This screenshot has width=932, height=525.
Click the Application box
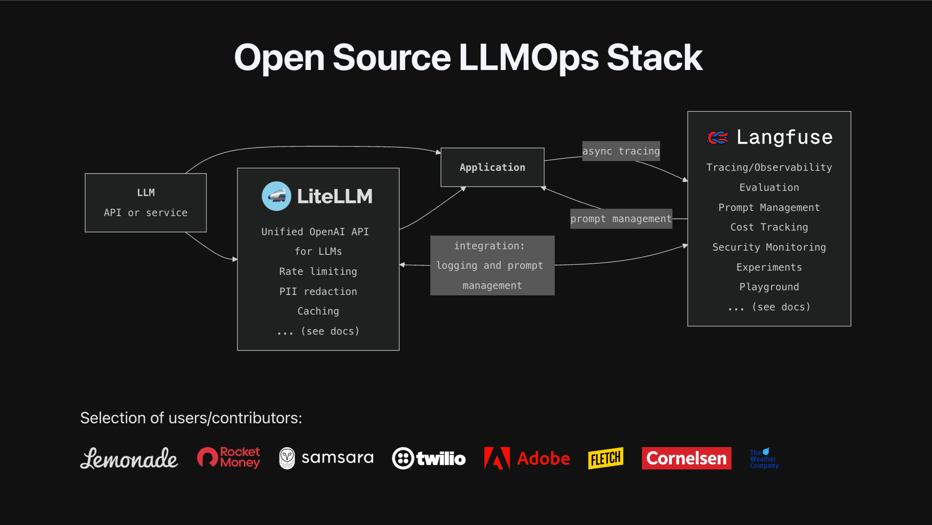click(x=492, y=168)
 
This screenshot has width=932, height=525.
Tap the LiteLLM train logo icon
click(x=276, y=196)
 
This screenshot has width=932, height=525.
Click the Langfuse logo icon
click(x=718, y=138)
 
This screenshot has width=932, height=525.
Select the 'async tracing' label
click(x=621, y=151)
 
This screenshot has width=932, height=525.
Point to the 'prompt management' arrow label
click(x=621, y=219)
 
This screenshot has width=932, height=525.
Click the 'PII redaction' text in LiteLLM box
click(x=318, y=292)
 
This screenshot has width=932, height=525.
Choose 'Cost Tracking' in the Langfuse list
click(x=769, y=227)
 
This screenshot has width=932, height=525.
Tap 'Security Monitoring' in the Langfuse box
click(x=769, y=247)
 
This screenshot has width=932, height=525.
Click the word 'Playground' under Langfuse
click(x=769, y=287)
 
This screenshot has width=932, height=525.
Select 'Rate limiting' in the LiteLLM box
click(x=318, y=272)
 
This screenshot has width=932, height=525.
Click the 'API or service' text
click(x=145, y=213)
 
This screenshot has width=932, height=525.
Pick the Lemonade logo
click(x=129, y=458)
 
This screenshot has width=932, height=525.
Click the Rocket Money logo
click(x=228, y=457)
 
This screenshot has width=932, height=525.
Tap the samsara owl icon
click(x=287, y=458)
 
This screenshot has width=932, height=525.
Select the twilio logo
click(x=429, y=458)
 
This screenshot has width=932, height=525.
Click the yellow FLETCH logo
click(x=606, y=458)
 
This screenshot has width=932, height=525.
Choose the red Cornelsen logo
click(x=686, y=458)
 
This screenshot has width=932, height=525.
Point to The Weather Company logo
click(x=764, y=459)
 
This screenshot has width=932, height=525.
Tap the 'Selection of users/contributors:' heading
click(x=191, y=418)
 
